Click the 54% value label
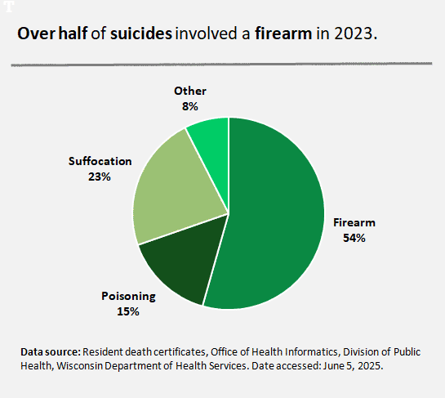click(x=354, y=238)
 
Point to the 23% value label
click(x=100, y=177)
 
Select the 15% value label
click(x=128, y=311)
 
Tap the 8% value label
click(x=190, y=105)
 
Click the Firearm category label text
click(x=354, y=223)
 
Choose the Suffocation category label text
click(x=100, y=162)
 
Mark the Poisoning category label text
click(x=128, y=296)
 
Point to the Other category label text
click(x=190, y=91)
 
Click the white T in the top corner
click(x=7, y=7)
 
